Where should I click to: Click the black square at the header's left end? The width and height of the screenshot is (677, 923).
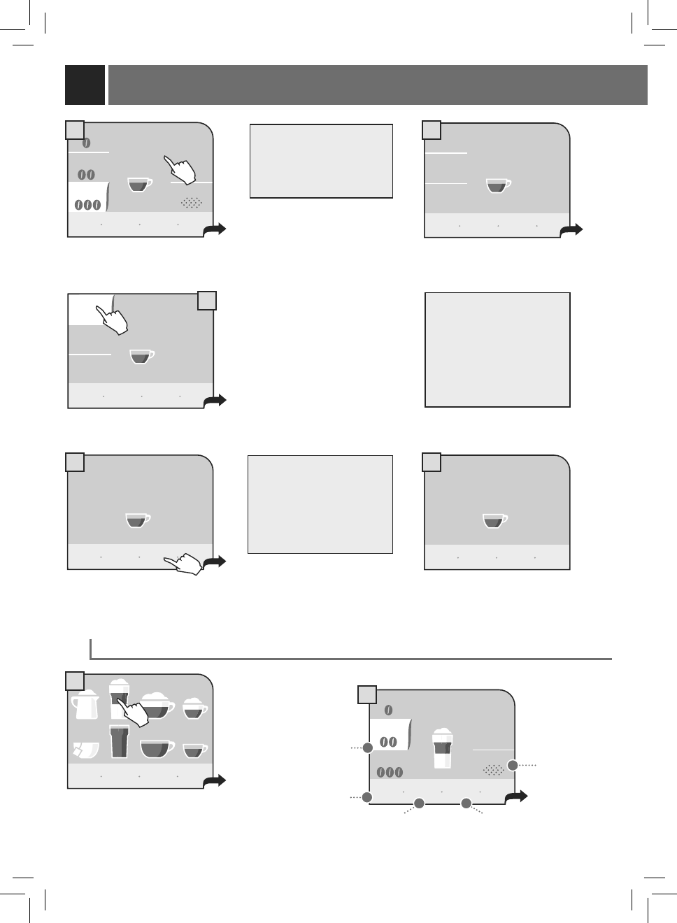pos(85,85)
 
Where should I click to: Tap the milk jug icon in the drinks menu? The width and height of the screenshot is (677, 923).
pos(85,705)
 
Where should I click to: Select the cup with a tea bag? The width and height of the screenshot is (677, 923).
pos(85,750)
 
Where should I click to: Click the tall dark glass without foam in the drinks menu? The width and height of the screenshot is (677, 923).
pos(119,742)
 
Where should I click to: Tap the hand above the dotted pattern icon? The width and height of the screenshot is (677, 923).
pos(181,171)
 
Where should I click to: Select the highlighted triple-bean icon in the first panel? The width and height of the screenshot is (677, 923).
pos(87,205)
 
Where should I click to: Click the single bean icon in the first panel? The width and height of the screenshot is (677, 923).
pos(87,143)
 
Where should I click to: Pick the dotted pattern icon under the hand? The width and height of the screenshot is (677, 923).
pos(192,203)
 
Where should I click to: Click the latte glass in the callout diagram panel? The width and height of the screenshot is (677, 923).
pos(441,749)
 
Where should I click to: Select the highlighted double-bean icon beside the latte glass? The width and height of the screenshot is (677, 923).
pos(388,742)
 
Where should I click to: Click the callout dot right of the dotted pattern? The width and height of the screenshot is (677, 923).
pos(513,766)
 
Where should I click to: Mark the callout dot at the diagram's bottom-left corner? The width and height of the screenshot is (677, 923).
pos(367,796)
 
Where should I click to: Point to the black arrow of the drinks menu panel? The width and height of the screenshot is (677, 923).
pos(215,780)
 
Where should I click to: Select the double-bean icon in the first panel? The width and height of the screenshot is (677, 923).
pos(86,175)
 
